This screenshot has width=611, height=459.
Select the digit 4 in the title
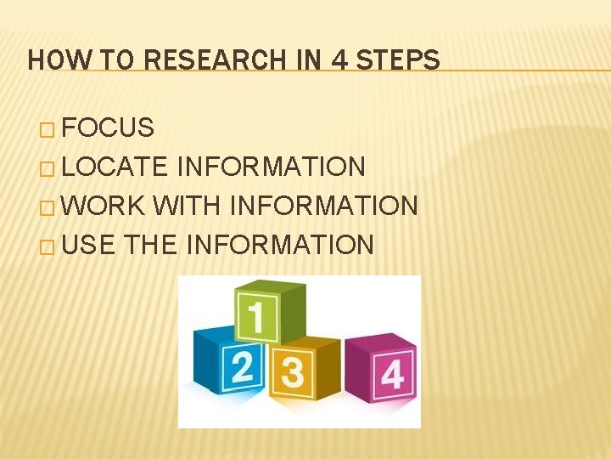340,60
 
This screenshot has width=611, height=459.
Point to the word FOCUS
108,128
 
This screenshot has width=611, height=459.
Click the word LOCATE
115,167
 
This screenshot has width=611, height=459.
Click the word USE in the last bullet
89,245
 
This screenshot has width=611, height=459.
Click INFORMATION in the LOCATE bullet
272,167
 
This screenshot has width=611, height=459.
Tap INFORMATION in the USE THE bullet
279,245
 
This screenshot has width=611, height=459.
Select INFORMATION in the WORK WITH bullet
324,206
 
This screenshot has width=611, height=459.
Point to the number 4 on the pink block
392,374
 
